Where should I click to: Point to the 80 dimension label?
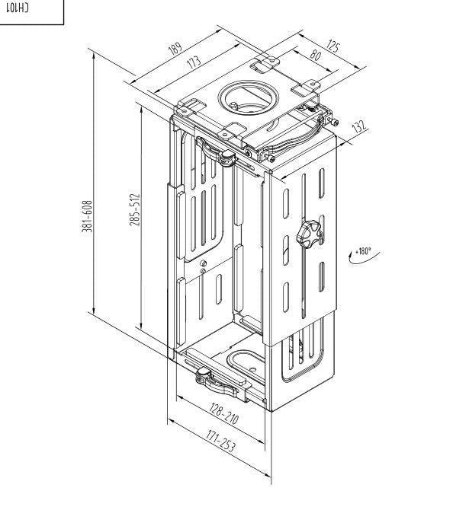click(x=314, y=56)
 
